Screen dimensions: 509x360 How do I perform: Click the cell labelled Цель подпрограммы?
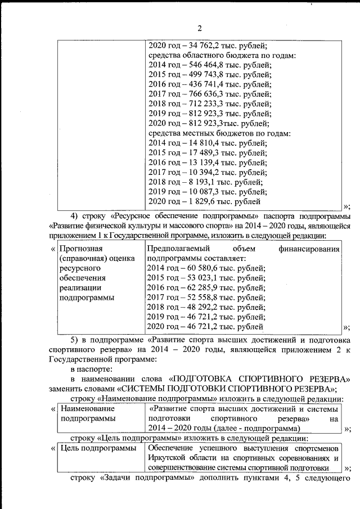pos(98,448)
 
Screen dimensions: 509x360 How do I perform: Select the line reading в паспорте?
pos(91,369)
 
